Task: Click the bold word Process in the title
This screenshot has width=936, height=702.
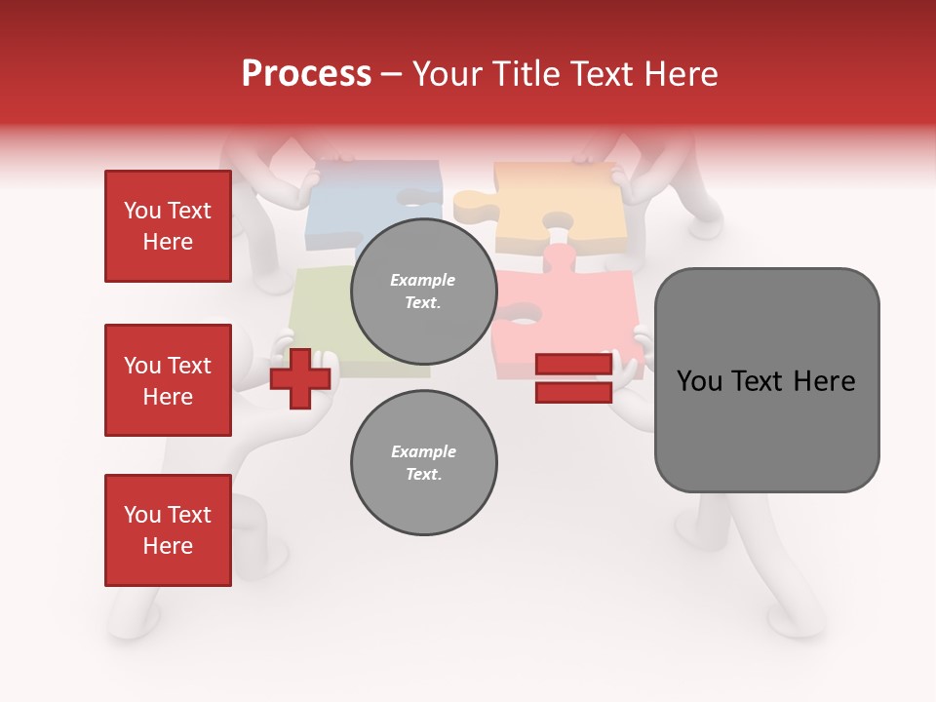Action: [306, 74]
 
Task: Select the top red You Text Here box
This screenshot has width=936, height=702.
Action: [168, 226]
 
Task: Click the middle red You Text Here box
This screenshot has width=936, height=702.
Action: [168, 380]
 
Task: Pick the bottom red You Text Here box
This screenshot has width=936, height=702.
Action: [168, 529]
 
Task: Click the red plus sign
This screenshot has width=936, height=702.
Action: [300, 379]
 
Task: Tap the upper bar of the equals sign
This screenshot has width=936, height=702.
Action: [573, 365]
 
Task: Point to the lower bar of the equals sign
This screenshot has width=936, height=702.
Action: [573, 393]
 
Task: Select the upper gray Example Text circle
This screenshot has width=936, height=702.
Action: [423, 291]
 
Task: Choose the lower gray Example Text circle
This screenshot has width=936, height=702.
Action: [423, 462]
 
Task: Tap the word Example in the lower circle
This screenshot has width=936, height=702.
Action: [423, 451]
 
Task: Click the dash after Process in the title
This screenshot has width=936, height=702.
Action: [392, 75]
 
